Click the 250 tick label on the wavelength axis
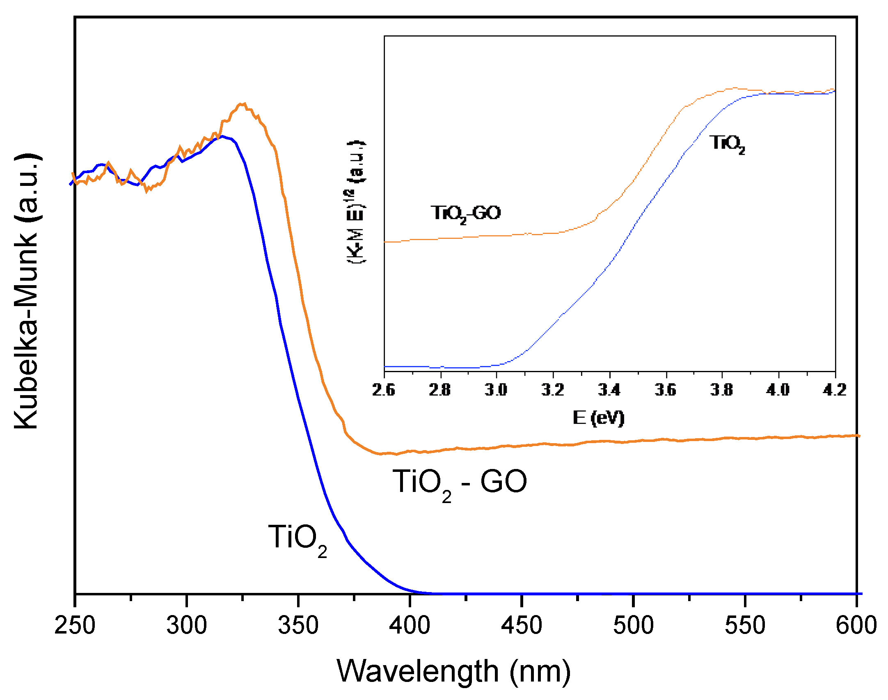tap(75, 625)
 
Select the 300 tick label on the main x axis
tap(186, 625)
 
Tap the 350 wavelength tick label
tap(298, 625)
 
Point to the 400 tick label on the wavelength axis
tap(410, 625)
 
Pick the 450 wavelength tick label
tap(521, 625)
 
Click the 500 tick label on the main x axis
tap(633, 625)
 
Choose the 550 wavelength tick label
tap(745, 625)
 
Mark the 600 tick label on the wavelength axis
tap(856, 625)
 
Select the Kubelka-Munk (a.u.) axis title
tap(26, 291)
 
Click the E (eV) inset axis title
tap(598, 418)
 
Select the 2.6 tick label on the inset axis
tap(384, 389)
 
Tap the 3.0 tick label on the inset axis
tap(496, 389)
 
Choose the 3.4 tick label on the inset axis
tap(609, 389)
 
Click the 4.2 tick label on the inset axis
tap(835, 389)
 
